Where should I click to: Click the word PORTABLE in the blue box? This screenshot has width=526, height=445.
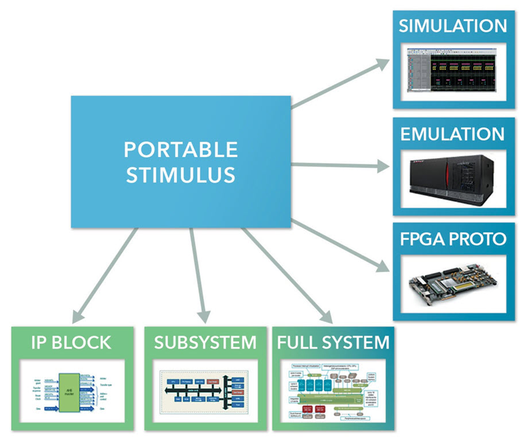pyautogui.click(x=181, y=150)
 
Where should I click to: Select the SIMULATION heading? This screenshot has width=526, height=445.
pyautogui.click(x=453, y=27)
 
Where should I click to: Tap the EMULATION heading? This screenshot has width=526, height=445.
pyautogui.click(x=453, y=133)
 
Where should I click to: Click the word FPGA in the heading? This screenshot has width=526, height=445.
pyautogui.click(x=422, y=239)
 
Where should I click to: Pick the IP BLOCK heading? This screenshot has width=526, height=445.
pyautogui.click(x=72, y=342)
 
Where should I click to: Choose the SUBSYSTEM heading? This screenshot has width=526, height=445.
pyautogui.click(x=205, y=342)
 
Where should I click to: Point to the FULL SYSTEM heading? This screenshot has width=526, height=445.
pyautogui.click(x=333, y=342)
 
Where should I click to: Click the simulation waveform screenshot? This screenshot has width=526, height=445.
pyautogui.click(x=453, y=72)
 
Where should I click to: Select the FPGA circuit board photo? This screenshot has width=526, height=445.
pyautogui.click(x=453, y=284)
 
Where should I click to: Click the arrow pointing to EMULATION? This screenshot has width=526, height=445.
pyautogui.click(x=342, y=165)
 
